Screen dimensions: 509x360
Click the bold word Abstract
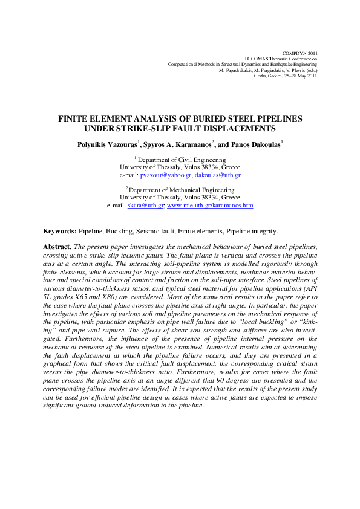pos(57,247)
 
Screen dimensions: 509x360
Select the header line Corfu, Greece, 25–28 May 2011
pos(286,77)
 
